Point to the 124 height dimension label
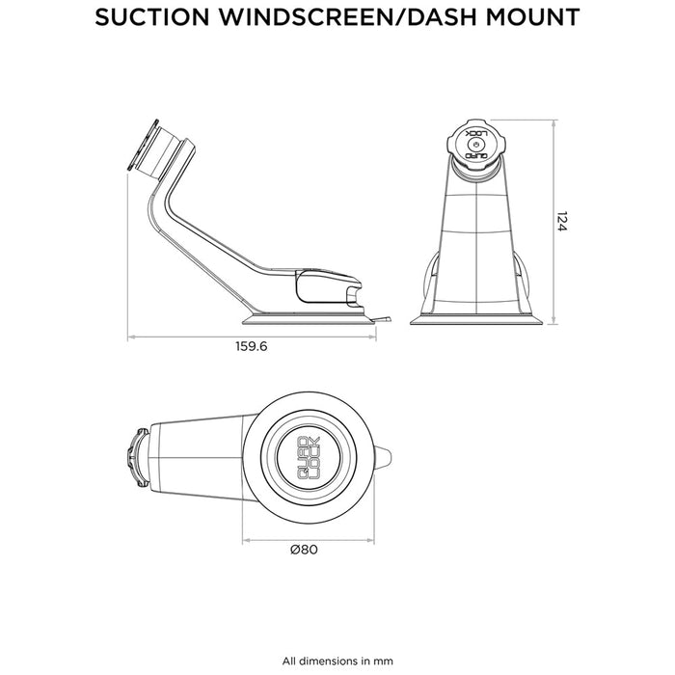pyautogui.click(x=562, y=222)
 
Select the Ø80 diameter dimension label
pyautogui.click(x=304, y=550)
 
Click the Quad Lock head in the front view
pyautogui.click(x=473, y=147)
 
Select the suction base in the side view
pyautogui.click(x=309, y=315)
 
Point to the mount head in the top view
pyautogui.click(x=140, y=457)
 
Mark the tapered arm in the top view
pyautogui.click(x=198, y=457)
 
